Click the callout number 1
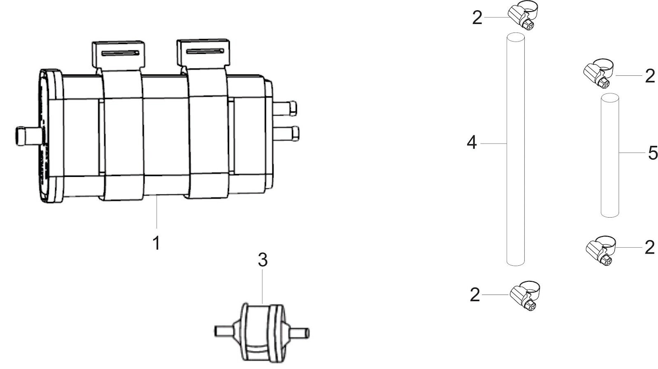click(x=156, y=243)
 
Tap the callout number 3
click(x=263, y=260)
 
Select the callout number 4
click(x=472, y=143)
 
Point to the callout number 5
click(x=653, y=153)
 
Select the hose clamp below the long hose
click(x=525, y=296)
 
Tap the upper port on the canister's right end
click(x=286, y=109)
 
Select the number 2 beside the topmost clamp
click(x=477, y=18)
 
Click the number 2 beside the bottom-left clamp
click(x=475, y=295)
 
